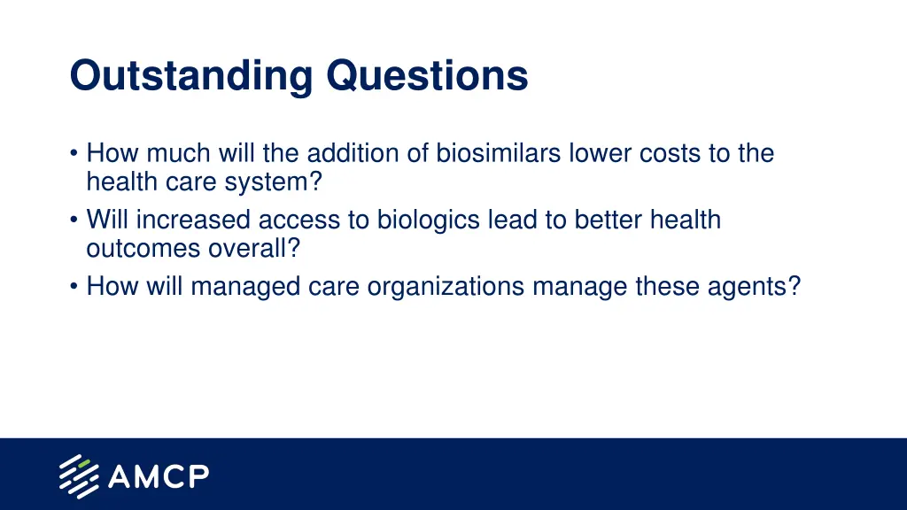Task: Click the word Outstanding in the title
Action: [191, 76]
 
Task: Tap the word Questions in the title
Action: [428, 75]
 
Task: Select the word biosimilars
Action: [498, 153]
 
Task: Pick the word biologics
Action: [429, 220]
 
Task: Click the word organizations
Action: [446, 287]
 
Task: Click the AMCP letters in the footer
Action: [159, 476]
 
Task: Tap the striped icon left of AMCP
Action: [79, 476]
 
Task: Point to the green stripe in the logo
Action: [84, 464]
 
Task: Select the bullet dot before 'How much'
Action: [74, 154]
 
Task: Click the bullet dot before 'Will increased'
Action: [74, 220]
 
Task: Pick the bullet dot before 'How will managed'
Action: [74, 287]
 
